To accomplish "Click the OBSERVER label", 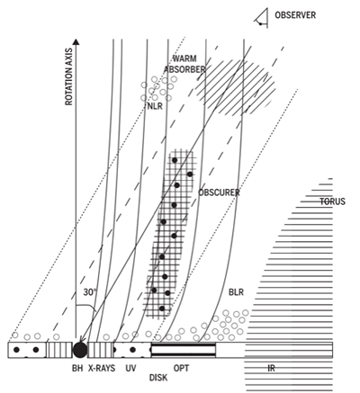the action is click(295, 15).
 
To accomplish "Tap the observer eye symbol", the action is click(262, 19).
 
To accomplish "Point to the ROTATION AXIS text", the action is click(69, 76).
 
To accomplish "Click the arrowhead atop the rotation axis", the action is click(76, 41).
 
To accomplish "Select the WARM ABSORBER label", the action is click(184, 64).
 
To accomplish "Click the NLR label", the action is click(155, 106).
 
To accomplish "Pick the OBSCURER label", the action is click(219, 192).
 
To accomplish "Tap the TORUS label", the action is click(332, 201).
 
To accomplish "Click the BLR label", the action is click(236, 292).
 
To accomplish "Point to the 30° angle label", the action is click(90, 292).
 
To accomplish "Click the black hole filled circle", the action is click(80, 350).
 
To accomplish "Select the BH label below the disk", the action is click(77, 368).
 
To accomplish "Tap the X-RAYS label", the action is click(102, 368).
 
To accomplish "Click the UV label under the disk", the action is click(130, 368).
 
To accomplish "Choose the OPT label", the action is click(182, 368).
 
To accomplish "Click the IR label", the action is click(271, 368).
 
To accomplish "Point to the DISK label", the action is click(158, 378).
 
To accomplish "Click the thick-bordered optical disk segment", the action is click(184, 350).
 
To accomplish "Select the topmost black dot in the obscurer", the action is click(175, 160).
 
